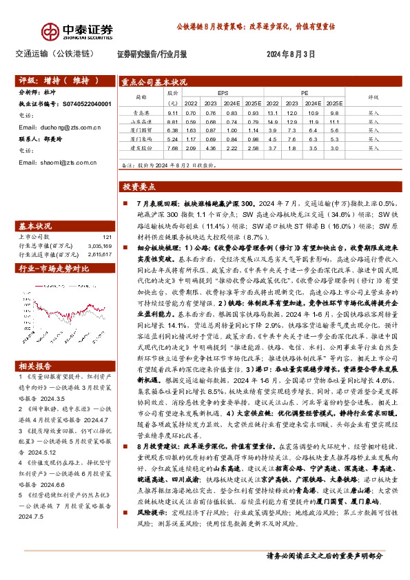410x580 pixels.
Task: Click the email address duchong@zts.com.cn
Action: (x=60, y=127)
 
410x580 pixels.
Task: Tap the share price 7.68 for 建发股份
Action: (x=172, y=147)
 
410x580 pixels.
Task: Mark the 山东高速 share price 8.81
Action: (x=172, y=121)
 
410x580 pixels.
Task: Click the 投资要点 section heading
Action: (x=139, y=187)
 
